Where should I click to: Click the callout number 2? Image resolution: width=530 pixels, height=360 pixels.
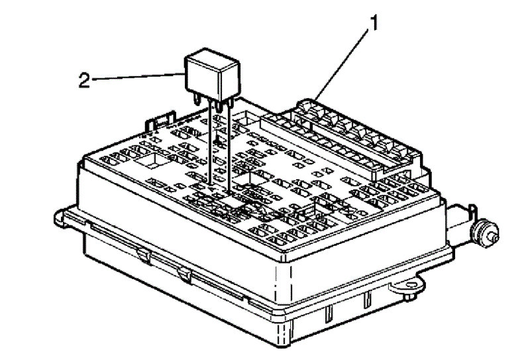pos(84,80)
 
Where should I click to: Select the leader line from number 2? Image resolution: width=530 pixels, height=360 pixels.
pos(139,78)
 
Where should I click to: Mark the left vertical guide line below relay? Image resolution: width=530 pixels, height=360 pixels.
pos(211,146)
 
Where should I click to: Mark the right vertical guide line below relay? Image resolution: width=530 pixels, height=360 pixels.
pos(228,146)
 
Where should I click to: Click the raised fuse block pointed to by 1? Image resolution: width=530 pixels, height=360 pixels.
pos(344,136)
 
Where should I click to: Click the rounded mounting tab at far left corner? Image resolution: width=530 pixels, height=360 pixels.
pos(61,215)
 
